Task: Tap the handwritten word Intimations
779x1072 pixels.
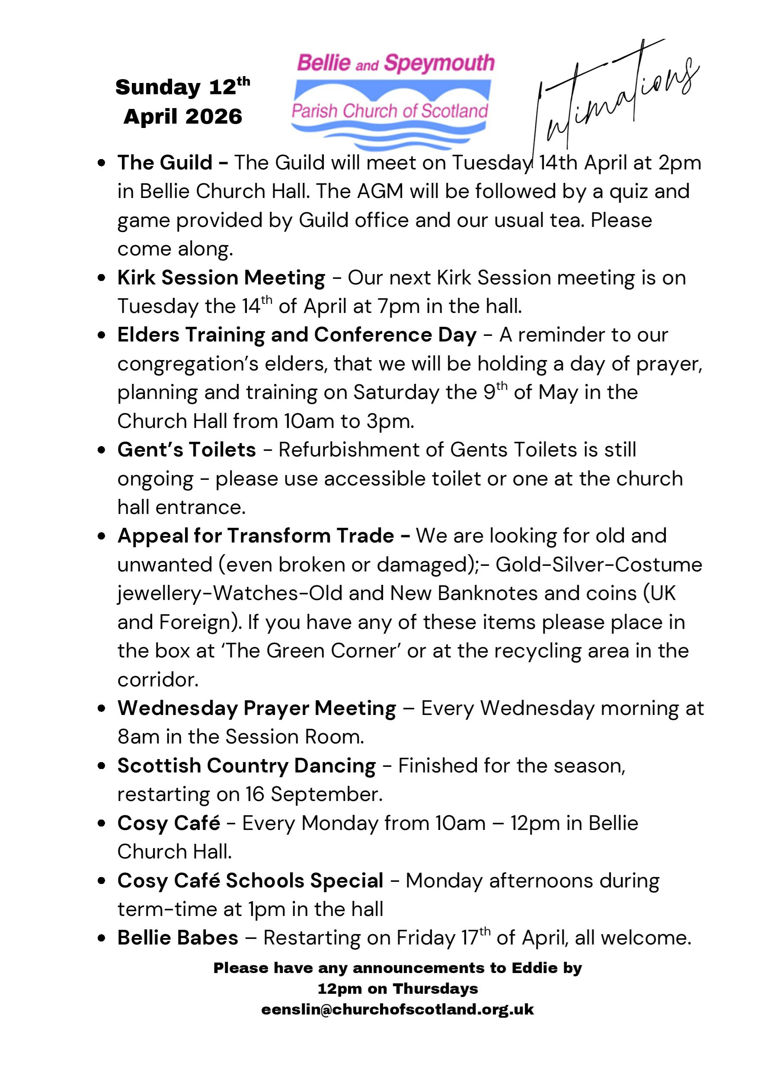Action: [x=614, y=99]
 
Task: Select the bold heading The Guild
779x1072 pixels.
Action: [x=165, y=163]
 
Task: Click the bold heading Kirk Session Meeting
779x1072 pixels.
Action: [x=221, y=278]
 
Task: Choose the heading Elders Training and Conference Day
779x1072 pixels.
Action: [x=297, y=335]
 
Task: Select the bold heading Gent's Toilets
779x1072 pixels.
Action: [x=187, y=450]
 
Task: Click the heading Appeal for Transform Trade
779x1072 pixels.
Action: [x=256, y=536]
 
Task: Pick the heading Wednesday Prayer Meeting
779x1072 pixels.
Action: [x=257, y=708]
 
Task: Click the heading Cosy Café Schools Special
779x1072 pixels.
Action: [x=250, y=881]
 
